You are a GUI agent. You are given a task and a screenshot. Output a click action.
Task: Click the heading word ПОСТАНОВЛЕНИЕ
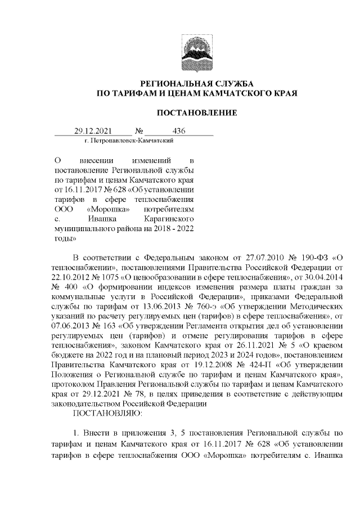(196, 113)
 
